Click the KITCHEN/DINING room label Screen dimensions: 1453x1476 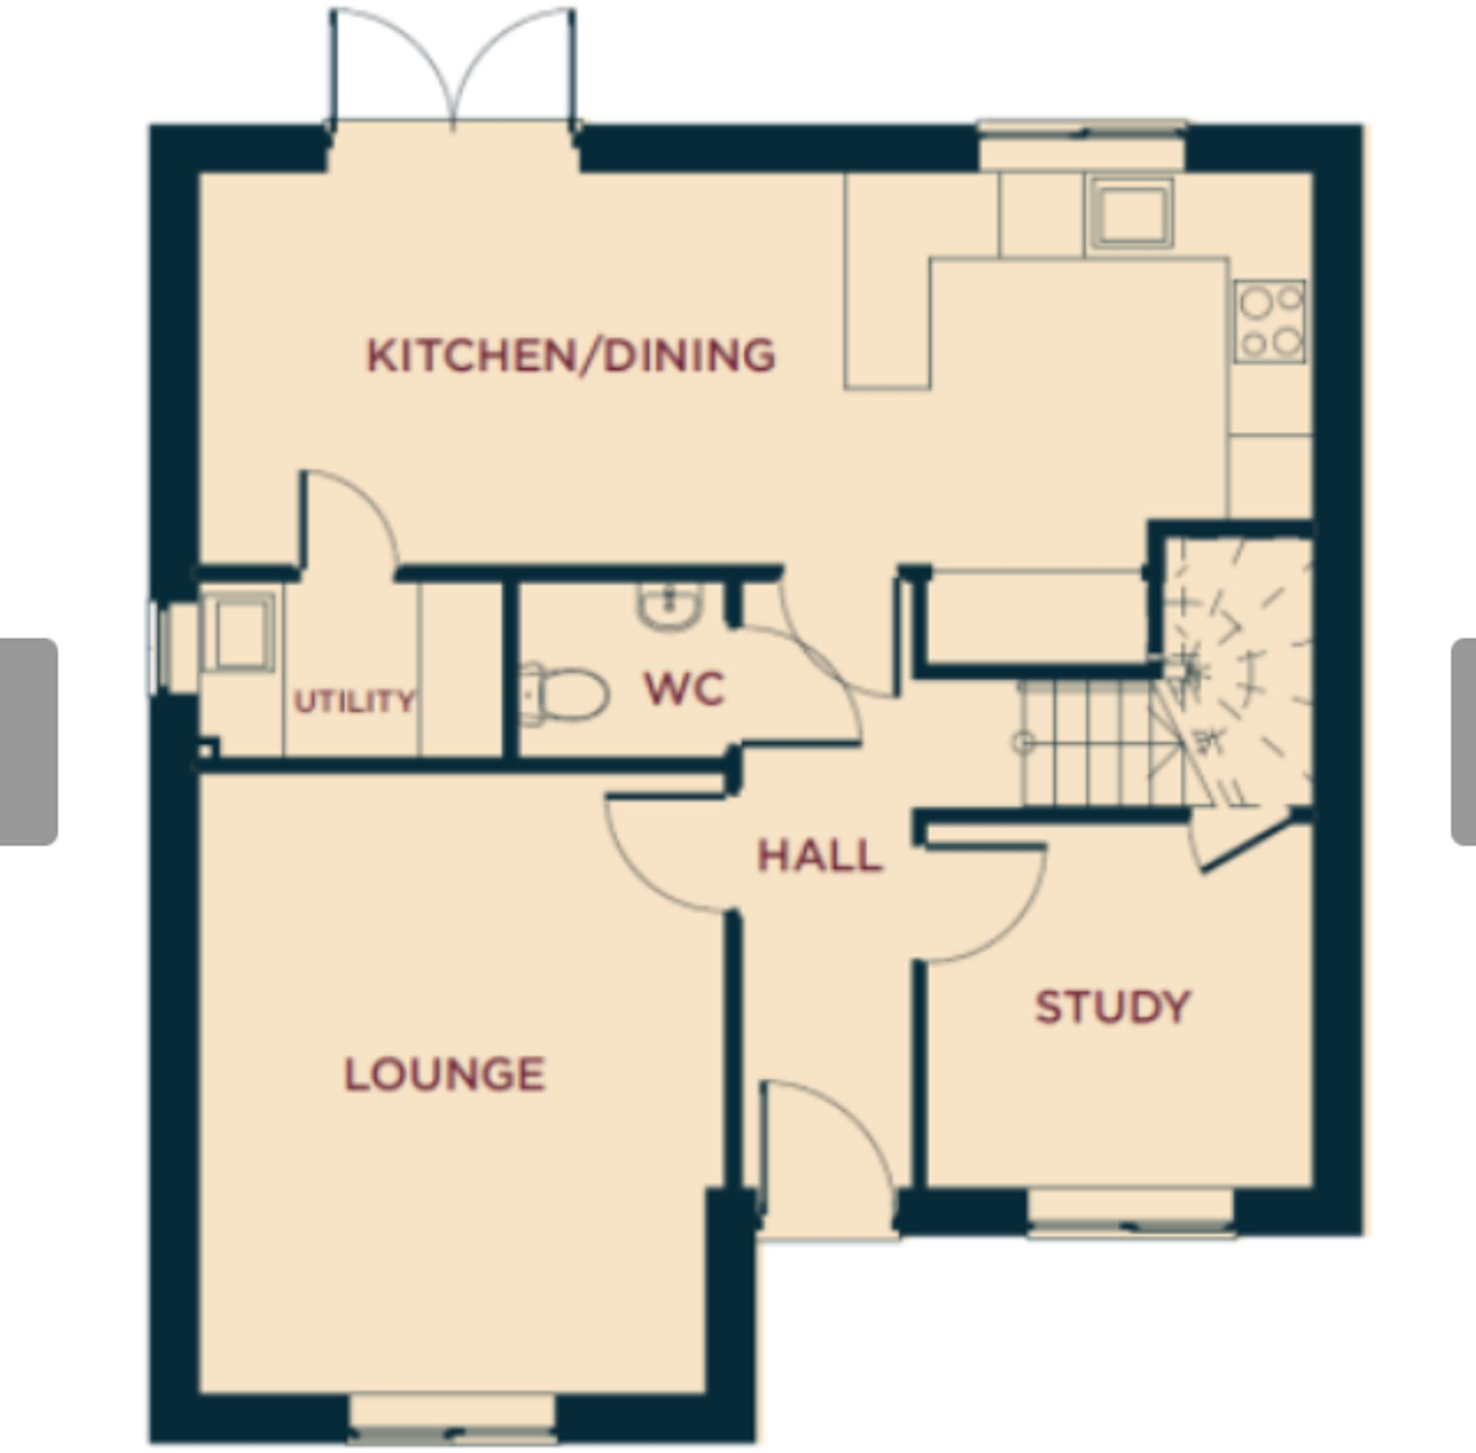point(571,356)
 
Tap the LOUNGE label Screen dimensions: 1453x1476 point(445,1074)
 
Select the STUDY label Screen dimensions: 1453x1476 point(1113,1007)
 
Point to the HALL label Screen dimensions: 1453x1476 point(820,855)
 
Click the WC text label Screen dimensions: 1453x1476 point(684,688)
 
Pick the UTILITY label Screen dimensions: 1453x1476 point(355,700)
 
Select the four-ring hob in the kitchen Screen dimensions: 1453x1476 point(1270,321)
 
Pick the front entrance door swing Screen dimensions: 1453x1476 point(828,1145)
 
